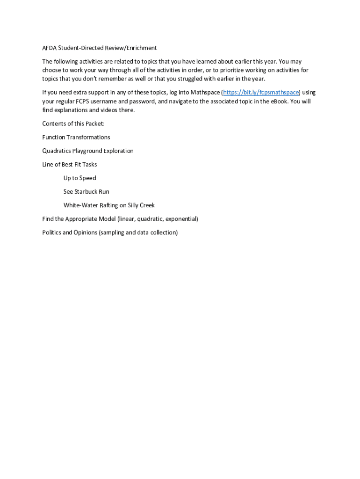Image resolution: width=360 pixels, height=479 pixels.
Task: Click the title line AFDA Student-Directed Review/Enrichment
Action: click(x=99, y=48)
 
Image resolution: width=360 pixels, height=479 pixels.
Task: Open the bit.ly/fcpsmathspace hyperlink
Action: click(x=261, y=92)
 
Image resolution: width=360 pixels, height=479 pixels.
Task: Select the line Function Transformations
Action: click(x=76, y=137)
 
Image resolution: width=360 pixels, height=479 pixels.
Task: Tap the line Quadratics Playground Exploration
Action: click(x=88, y=151)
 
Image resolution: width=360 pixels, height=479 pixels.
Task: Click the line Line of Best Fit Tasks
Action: click(x=70, y=164)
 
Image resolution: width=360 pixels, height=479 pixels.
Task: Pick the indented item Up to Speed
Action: click(x=80, y=178)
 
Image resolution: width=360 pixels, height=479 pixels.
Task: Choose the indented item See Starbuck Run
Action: click(x=86, y=191)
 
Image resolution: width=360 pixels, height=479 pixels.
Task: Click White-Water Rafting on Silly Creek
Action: click(x=109, y=205)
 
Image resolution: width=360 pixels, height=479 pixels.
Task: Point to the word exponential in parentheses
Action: click(x=181, y=218)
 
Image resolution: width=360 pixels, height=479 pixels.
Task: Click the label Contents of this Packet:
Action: click(x=73, y=123)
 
